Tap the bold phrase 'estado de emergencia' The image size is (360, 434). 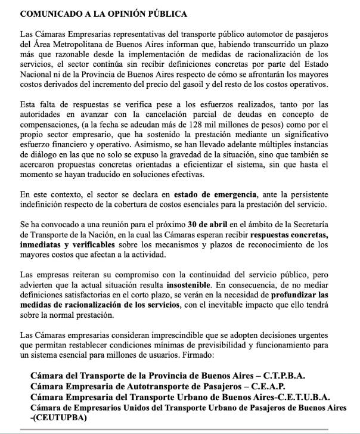pos(216,211)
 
